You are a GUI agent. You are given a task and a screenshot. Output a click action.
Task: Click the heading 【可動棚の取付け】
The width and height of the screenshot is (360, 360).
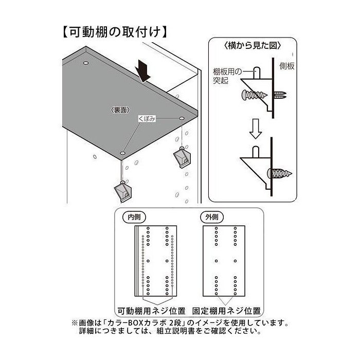coord(115,31)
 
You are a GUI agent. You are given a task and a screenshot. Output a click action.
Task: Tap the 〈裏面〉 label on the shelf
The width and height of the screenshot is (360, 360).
coord(120,110)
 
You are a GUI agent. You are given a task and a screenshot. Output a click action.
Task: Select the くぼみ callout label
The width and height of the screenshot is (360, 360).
coord(147,119)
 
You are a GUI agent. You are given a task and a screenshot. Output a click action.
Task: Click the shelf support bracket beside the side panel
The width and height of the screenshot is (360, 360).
coord(182,157)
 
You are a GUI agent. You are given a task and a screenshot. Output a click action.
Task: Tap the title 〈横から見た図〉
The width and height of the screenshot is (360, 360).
coord(252,46)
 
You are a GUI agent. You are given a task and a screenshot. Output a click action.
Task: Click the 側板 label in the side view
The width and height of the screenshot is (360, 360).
coord(287,66)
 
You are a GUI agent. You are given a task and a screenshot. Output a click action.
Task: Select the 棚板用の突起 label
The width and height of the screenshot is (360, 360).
coord(227,76)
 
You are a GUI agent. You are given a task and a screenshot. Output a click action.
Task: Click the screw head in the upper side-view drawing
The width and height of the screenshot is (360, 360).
coord(245,95)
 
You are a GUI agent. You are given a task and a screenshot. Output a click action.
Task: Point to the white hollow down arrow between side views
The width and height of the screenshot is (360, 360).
coord(255,129)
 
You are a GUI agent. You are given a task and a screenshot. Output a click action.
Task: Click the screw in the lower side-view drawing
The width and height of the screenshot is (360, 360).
coord(280,173)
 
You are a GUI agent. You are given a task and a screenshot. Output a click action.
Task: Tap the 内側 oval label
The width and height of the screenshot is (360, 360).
coord(134,217)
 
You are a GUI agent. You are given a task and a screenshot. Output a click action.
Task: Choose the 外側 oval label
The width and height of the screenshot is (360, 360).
coord(212,217)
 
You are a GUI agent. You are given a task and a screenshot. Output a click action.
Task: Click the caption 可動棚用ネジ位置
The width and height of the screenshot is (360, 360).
coord(152,311)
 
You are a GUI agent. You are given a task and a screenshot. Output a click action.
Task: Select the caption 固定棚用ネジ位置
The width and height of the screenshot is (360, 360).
coord(226,311)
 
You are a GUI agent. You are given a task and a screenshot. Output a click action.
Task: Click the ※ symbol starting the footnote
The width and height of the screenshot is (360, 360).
coord(75,323)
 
